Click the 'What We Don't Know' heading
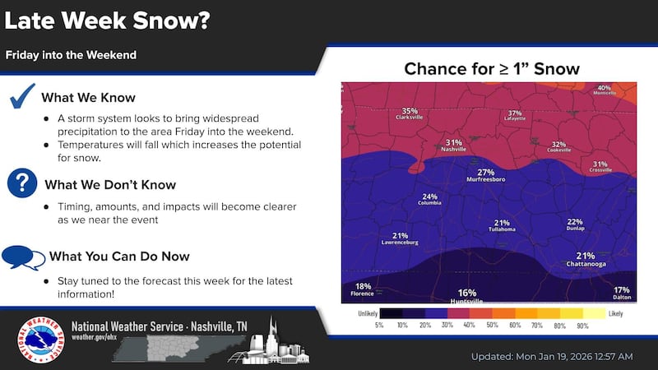click(x=109, y=184)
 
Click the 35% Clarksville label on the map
click(x=410, y=114)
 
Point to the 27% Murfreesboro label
click(x=485, y=175)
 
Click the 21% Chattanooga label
click(x=586, y=259)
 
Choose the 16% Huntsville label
click(x=467, y=296)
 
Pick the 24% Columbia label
click(x=429, y=200)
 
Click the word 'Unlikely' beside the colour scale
click(x=368, y=313)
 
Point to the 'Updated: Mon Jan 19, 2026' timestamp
click(x=552, y=356)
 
